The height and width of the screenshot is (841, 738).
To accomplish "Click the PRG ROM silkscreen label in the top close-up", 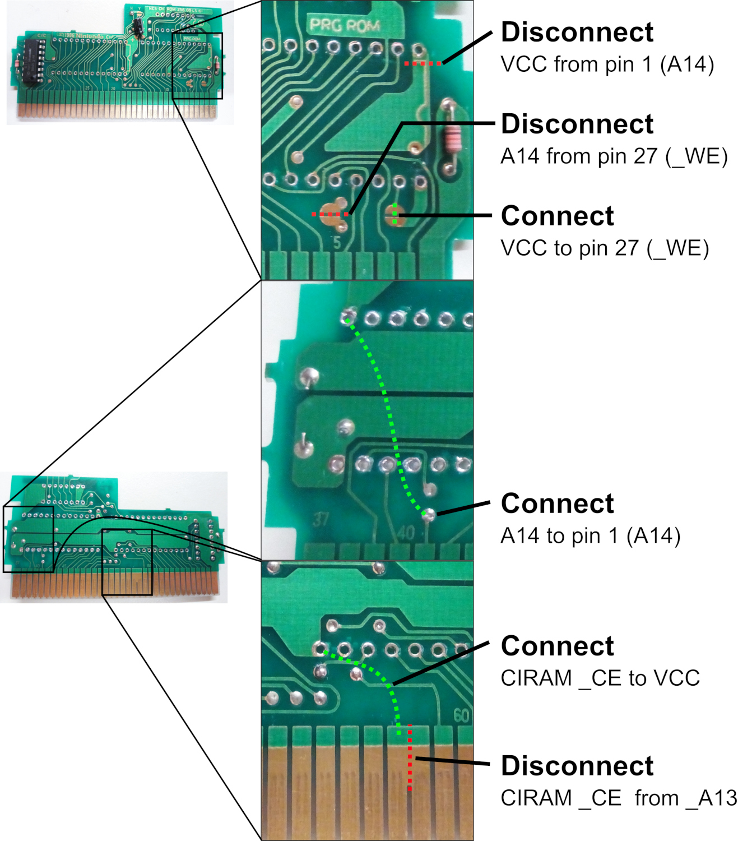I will pyautogui.click(x=345, y=25).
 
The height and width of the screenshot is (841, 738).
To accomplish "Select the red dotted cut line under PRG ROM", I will pyautogui.click(x=423, y=63).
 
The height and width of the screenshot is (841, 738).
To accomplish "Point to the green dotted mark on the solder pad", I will pyautogui.click(x=394, y=213).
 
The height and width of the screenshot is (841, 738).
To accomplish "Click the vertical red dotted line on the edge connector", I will pyautogui.click(x=410, y=757).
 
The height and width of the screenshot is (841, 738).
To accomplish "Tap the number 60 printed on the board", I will pyautogui.click(x=461, y=715).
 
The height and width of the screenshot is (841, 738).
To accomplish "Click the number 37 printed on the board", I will pyautogui.click(x=321, y=520).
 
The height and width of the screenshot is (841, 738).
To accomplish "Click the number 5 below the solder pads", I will pyautogui.click(x=337, y=243).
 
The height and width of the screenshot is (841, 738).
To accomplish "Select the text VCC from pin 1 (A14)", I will pyautogui.click(x=607, y=64).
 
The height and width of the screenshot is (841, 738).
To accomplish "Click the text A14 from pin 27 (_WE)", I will pyautogui.click(x=614, y=156).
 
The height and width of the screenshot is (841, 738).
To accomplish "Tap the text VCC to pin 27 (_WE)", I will pyautogui.click(x=604, y=248).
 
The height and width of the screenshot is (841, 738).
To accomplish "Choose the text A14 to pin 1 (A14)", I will pyautogui.click(x=590, y=536).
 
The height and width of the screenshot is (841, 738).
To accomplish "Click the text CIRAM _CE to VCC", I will pyautogui.click(x=600, y=678).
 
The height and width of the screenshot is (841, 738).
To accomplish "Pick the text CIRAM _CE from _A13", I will pyautogui.click(x=618, y=798).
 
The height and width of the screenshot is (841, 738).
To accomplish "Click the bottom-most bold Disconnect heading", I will pyautogui.click(x=577, y=766).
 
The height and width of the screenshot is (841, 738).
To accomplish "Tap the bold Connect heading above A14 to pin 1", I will pyautogui.click(x=557, y=503).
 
